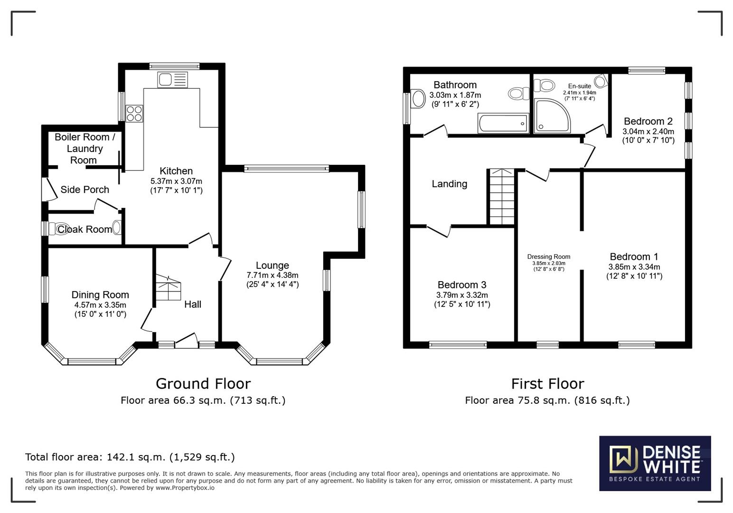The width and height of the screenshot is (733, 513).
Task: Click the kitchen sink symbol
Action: (173, 79)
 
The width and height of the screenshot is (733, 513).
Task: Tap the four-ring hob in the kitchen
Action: (134, 113)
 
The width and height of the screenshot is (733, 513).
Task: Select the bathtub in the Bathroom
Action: (503, 123)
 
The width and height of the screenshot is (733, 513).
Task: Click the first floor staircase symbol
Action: (501, 197)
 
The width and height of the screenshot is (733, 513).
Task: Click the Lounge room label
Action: (272, 266)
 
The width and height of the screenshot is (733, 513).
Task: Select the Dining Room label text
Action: (100, 295)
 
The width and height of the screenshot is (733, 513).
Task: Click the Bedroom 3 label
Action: (461, 285)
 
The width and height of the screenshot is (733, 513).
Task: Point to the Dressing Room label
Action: (548, 256)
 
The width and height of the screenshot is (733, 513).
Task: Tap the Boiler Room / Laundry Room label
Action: (85, 149)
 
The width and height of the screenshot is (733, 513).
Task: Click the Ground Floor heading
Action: (203, 383)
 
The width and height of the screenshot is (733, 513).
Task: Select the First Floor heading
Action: (547, 383)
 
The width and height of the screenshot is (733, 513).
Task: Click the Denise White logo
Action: (655, 463)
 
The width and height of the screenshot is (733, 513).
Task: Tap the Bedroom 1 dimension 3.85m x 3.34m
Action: (634, 267)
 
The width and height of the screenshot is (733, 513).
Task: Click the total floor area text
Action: (130, 457)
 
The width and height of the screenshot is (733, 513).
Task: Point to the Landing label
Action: (449, 184)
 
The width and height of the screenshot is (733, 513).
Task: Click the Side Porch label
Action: (85, 190)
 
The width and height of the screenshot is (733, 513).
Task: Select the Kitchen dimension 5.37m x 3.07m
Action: (176, 181)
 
